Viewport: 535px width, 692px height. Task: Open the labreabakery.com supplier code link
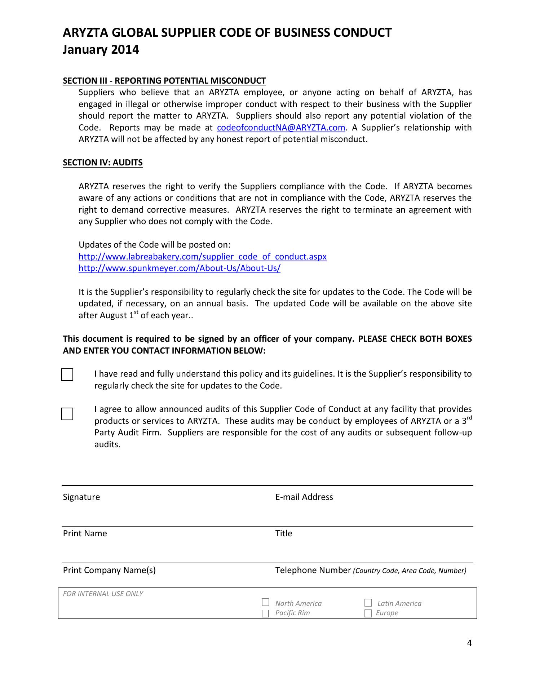pyautogui.click(x=203, y=257)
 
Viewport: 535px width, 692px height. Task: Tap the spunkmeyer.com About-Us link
pyautogui.click(x=180, y=269)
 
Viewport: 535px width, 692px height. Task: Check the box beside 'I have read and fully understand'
pyautogui.click(x=67, y=375)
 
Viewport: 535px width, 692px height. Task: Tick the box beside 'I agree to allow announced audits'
pyautogui.click(x=67, y=414)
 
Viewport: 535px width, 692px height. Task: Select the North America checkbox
pyautogui.click(x=265, y=602)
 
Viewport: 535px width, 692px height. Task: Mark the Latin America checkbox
pyautogui.click(x=368, y=603)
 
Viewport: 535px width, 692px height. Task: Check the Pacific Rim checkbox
pyautogui.click(x=265, y=613)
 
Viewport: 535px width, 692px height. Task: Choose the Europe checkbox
pyautogui.click(x=368, y=613)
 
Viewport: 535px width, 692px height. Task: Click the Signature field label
pyautogui.click(x=81, y=497)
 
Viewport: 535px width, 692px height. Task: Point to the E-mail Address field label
pyautogui.click(x=304, y=497)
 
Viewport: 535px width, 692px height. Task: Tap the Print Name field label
pyautogui.click(x=85, y=533)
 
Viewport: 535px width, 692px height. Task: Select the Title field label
pyautogui.click(x=284, y=533)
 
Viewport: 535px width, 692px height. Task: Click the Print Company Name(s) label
pyautogui.click(x=109, y=570)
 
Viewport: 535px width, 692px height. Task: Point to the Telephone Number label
pyautogui.click(x=313, y=570)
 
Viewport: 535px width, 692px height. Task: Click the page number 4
pyautogui.click(x=469, y=643)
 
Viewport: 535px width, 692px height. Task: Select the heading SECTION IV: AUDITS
pyautogui.click(x=103, y=163)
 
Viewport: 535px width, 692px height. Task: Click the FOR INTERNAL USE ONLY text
pyautogui.click(x=103, y=594)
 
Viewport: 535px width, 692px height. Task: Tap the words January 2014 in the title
pyautogui.click(x=101, y=49)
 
